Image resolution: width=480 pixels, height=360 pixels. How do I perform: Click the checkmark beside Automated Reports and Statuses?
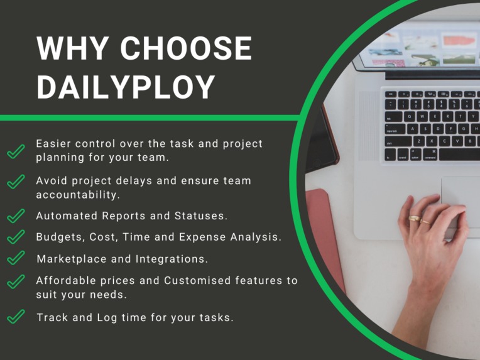pyautogui.click(x=16, y=215)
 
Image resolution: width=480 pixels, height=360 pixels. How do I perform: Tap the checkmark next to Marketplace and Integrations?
pyautogui.click(x=16, y=258)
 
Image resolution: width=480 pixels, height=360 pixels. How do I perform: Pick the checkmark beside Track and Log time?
pyautogui.click(x=16, y=317)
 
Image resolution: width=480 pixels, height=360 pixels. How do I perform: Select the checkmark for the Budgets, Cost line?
pyautogui.click(x=16, y=237)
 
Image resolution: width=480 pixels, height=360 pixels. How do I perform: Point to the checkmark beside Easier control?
pyautogui.click(x=16, y=151)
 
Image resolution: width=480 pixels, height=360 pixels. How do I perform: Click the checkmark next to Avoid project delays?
pyautogui.click(x=16, y=182)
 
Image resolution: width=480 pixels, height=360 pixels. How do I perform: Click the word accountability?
pyautogui.click(x=78, y=195)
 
